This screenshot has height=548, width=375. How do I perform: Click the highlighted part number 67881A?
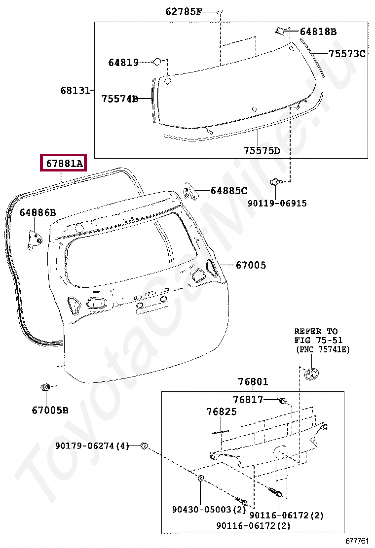coord(65,163)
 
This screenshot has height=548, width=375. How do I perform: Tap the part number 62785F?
coord(184,11)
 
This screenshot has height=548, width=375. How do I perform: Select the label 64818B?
coord(318,32)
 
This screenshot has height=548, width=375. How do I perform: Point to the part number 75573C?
coord(347,54)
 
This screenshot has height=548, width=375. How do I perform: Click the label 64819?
coord(123,62)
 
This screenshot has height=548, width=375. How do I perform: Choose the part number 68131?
coord(75,90)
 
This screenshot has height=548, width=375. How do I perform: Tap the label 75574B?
coord(120,99)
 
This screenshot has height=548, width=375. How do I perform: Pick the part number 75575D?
coord(262,150)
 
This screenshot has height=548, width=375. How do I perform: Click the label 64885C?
coord(229,191)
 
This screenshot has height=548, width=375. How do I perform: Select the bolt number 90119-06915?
coord(277,203)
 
